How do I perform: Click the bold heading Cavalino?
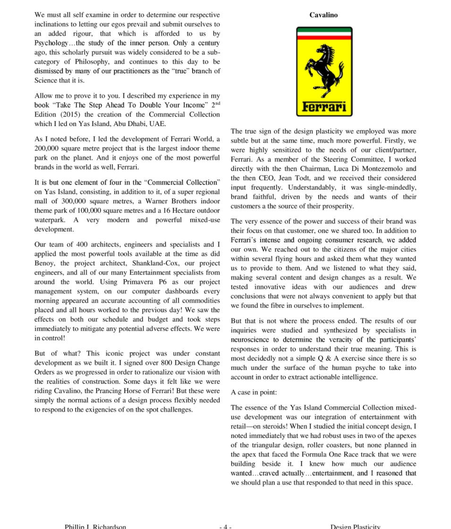[x=323, y=15]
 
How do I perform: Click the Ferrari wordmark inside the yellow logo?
[x=324, y=107]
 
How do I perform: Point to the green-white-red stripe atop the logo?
[x=324, y=33]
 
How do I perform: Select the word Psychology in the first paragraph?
[x=51, y=43]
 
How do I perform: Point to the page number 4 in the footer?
[x=225, y=526]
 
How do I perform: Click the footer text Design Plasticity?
[x=355, y=526]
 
